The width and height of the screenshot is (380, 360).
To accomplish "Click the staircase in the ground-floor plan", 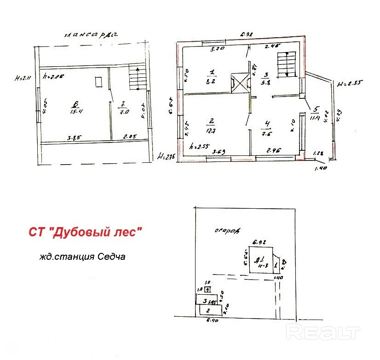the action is point(286,65).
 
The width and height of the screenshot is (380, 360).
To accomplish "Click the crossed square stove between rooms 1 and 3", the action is point(239,84).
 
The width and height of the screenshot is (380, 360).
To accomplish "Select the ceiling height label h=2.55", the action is point(200,147).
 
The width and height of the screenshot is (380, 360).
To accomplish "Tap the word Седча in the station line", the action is point(111,257).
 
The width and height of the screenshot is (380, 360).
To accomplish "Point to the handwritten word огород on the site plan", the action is point(227,230).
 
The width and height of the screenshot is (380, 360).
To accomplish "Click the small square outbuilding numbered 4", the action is point(207,289).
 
